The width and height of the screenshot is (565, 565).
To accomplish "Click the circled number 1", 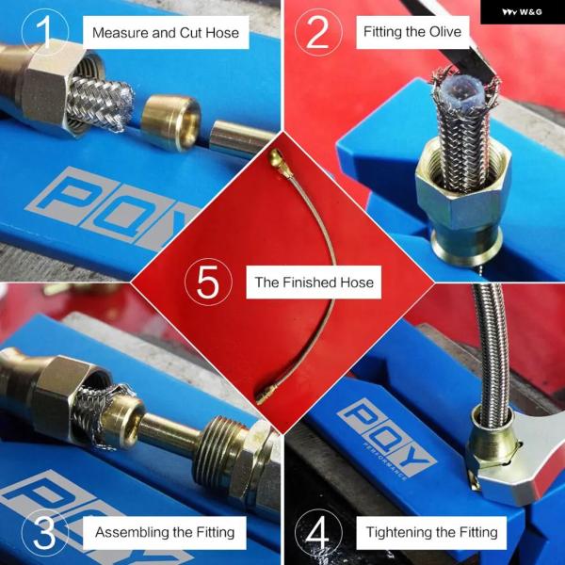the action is [x=45, y=32].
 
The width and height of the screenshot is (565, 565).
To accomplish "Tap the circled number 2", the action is [x=318, y=32].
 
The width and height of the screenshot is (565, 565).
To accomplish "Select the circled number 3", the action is [x=45, y=532].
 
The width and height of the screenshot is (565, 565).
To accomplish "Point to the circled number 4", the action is [x=318, y=532].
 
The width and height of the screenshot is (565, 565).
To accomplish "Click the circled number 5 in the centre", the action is [x=208, y=282].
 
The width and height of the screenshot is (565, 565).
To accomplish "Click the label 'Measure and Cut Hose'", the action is [x=166, y=33].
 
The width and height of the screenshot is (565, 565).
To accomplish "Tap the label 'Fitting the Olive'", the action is [x=412, y=32].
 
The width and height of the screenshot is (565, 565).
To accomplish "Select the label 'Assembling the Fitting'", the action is [x=165, y=532].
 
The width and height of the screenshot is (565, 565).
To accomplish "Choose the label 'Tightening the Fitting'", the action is [x=431, y=532].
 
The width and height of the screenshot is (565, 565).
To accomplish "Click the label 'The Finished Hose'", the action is [x=314, y=282].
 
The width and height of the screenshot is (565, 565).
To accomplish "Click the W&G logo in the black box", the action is [x=522, y=12].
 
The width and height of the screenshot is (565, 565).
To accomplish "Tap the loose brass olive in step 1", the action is [x=170, y=122].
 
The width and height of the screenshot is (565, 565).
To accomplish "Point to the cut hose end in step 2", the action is [x=465, y=93].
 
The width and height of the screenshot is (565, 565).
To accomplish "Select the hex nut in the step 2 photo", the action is [x=463, y=187].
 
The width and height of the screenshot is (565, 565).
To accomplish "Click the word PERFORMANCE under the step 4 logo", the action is [x=385, y=461].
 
